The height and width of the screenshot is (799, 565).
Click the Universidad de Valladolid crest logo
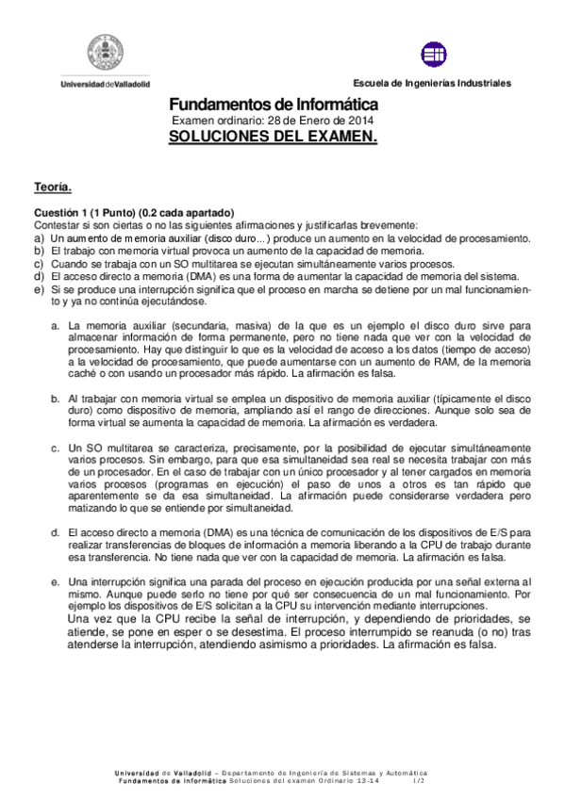click(105, 54)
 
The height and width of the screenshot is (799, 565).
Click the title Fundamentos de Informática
click(274, 106)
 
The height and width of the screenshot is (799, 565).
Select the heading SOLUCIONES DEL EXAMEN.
click(274, 137)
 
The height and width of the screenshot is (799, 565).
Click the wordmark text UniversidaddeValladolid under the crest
click(105, 84)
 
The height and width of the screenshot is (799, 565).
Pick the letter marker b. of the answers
click(56, 399)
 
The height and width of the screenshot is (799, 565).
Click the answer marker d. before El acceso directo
click(56, 533)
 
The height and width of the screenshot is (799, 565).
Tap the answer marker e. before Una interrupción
click(56, 582)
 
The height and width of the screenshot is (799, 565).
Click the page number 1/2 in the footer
click(419, 782)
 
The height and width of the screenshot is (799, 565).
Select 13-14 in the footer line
click(374, 782)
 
